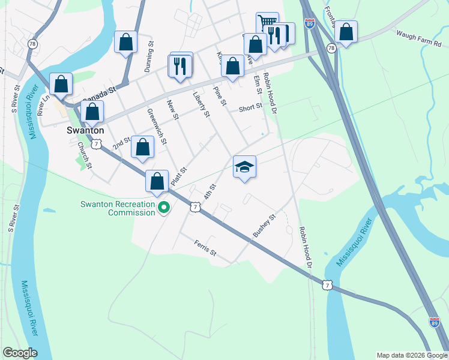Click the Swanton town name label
click(x=85, y=130)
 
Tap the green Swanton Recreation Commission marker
click(x=163, y=208)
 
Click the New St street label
click(x=173, y=109)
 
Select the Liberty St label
click(x=201, y=104)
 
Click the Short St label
click(x=250, y=108)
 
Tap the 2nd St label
click(x=122, y=142)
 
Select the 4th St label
click(x=209, y=192)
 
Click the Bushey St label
click(x=264, y=225)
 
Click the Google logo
click(x=20, y=353)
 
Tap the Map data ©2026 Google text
click(x=412, y=355)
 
